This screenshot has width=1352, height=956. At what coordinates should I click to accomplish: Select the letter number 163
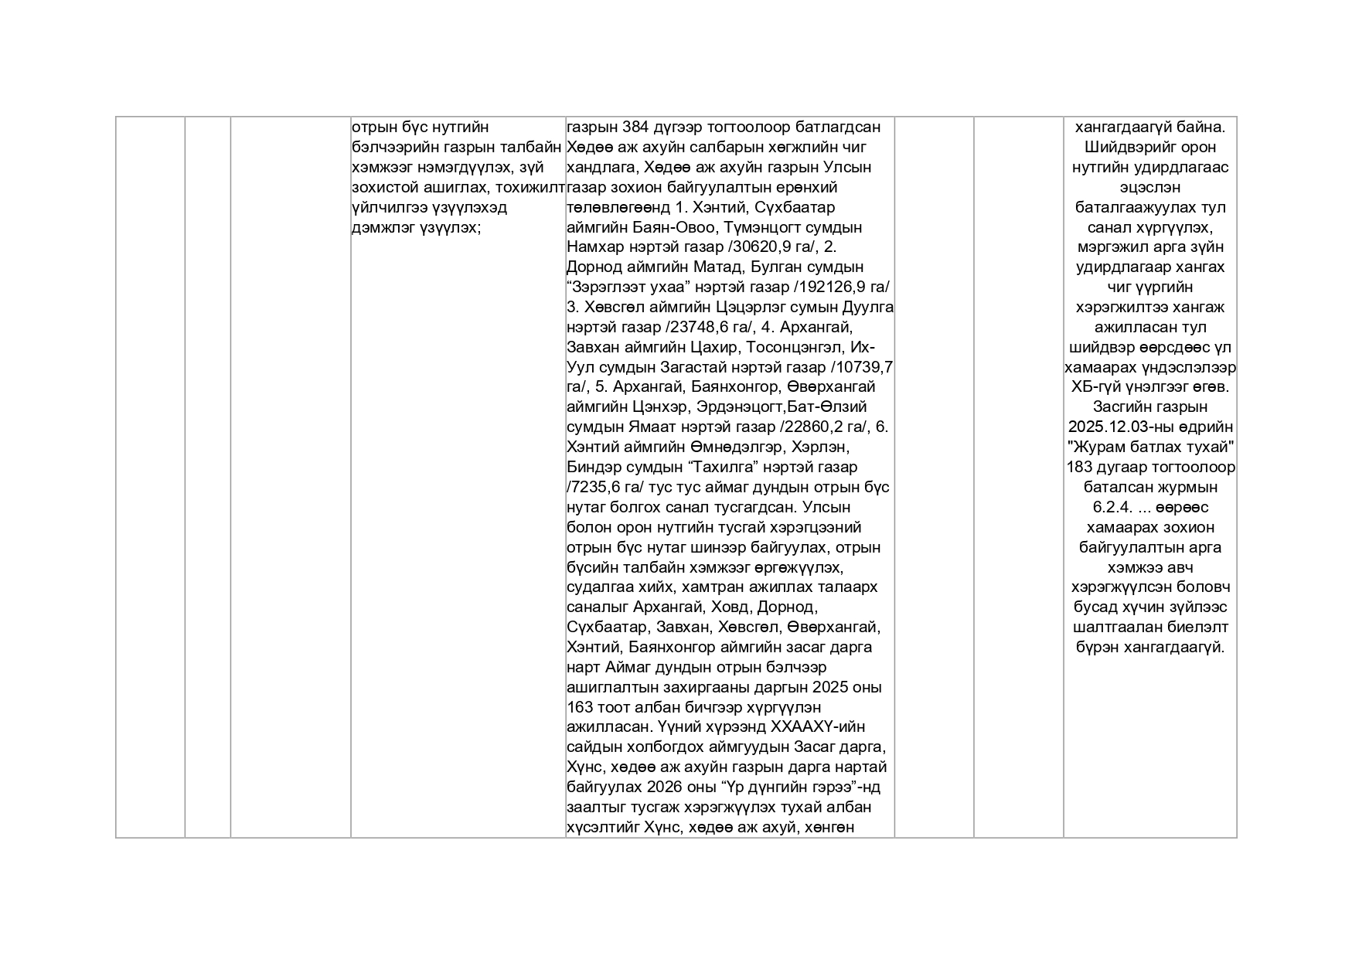click(581, 708)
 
